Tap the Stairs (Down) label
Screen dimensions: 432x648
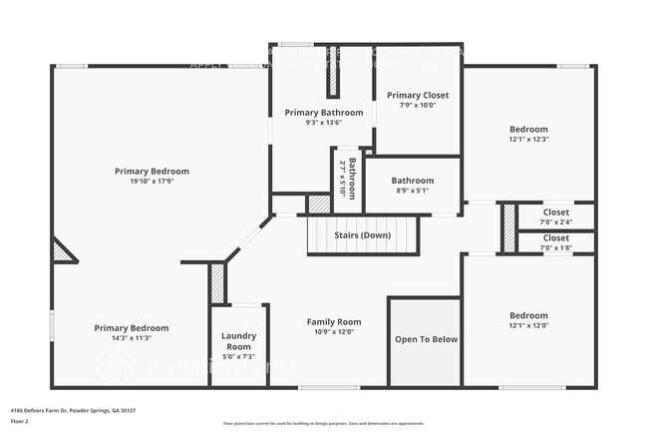363,235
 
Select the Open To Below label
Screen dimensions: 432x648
426,339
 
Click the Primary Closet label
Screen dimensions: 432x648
418,96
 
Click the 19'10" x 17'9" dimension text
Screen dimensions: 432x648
152,182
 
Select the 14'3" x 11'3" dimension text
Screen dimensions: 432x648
131,338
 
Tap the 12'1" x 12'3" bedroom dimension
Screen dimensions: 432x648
528,140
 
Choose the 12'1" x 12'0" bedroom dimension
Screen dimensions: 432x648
528,325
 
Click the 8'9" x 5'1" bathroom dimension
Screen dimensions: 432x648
412,191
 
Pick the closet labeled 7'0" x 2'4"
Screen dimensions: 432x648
556,212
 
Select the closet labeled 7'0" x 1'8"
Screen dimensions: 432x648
556,238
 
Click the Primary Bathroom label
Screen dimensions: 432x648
323,113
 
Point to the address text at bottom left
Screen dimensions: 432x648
73,410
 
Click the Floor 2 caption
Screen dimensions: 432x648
21,421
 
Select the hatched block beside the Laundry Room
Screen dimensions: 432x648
217,283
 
